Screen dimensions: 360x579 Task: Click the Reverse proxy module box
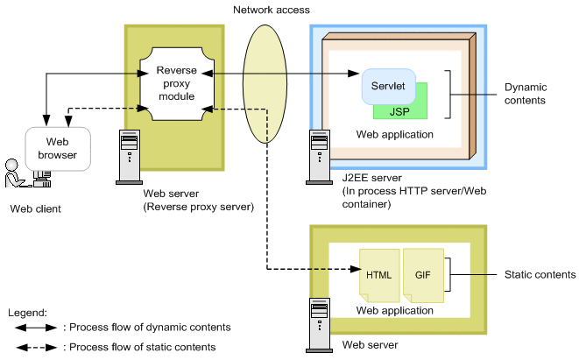click(x=174, y=82)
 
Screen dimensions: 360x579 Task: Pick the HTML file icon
click(x=378, y=275)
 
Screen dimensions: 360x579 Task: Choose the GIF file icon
click(x=423, y=275)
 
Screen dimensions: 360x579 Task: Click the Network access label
click(x=265, y=10)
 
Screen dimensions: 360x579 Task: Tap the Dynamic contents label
click(x=525, y=94)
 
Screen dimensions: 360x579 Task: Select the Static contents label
click(x=540, y=275)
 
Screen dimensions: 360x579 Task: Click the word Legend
click(x=26, y=312)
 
